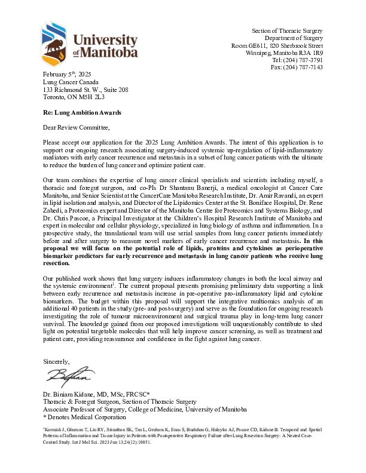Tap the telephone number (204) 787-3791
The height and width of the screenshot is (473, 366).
coord(305,60)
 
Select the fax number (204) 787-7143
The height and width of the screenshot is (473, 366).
coord(305,67)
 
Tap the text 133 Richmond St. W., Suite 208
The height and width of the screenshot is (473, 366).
coord(86,88)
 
